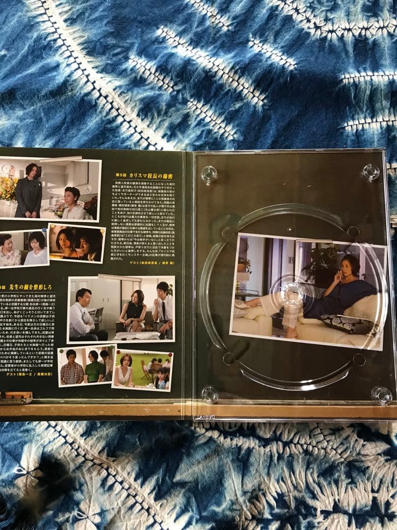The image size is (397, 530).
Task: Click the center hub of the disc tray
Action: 293,294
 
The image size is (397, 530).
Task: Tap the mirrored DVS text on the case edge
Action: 205,417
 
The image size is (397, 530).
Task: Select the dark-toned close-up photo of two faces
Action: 76,242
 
